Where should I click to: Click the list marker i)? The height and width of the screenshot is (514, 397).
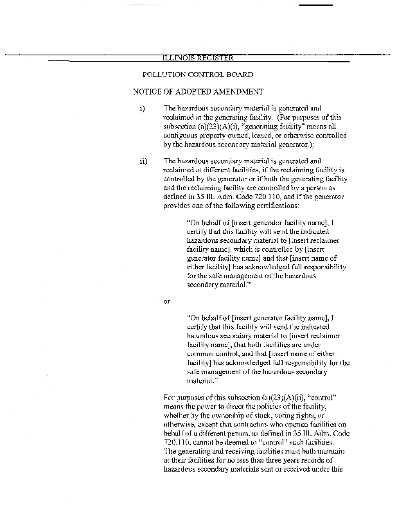[x=142, y=109]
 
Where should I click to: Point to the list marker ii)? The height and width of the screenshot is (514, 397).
[x=143, y=161]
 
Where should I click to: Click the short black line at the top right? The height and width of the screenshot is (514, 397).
[x=317, y=5]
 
